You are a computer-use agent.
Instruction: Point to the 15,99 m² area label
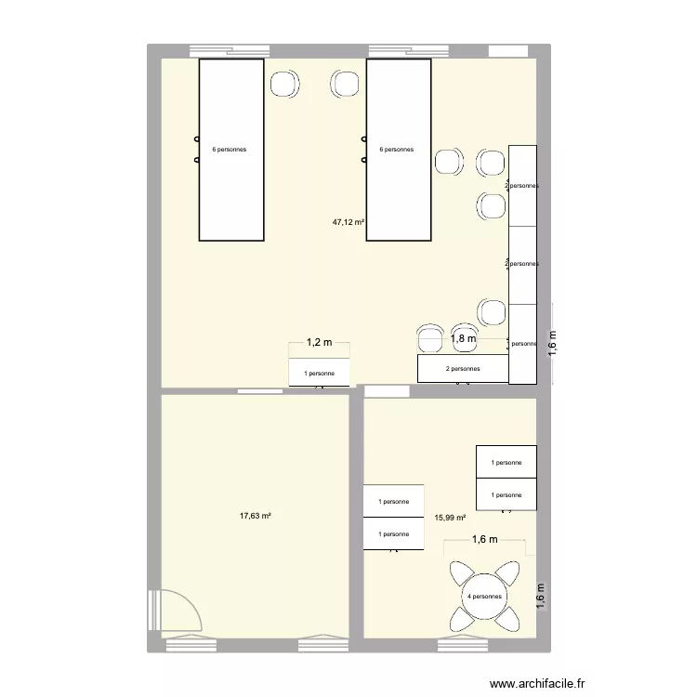[x=449, y=519]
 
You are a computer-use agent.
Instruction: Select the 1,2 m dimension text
[x=319, y=344]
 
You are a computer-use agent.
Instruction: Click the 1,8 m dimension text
[x=464, y=339]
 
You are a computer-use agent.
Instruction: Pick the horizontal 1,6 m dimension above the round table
[x=484, y=539]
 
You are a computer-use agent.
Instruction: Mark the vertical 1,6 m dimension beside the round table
[x=542, y=595]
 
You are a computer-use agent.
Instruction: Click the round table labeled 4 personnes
[x=484, y=597]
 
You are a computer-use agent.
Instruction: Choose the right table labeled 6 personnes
[x=398, y=150]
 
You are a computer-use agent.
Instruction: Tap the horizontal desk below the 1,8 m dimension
[x=462, y=369]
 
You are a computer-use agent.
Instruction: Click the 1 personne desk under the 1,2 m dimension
[x=320, y=373]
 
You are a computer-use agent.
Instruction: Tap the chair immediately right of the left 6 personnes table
[x=284, y=85]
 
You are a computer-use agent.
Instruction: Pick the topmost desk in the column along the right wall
[x=522, y=186]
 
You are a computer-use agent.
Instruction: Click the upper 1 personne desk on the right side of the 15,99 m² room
[x=506, y=462]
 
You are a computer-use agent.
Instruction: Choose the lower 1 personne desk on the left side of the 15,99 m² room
[x=394, y=533]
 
